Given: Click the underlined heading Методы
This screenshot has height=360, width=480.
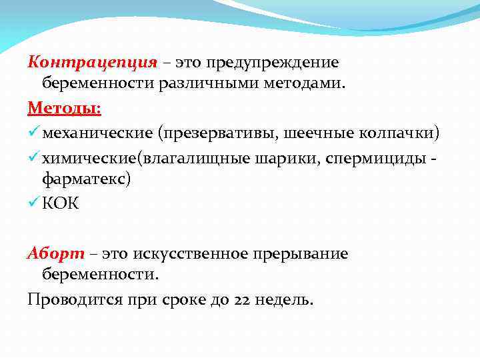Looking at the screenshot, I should click(63, 108).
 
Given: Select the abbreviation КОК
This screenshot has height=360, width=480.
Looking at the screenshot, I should click(61, 203).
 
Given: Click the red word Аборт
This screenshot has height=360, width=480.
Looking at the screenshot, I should click(56, 254).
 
